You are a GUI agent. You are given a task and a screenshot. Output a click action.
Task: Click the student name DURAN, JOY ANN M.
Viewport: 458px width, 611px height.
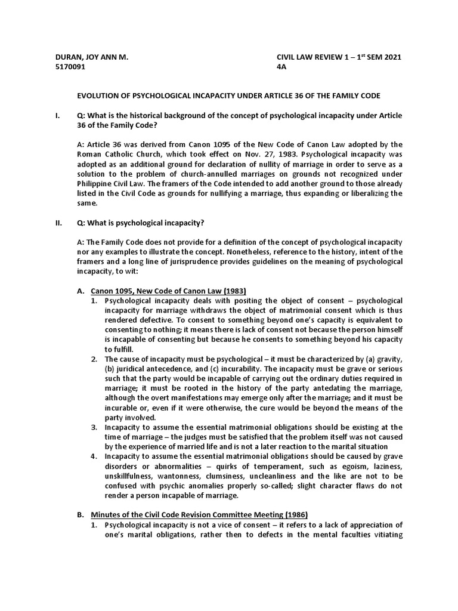pyautogui.click(x=91, y=57)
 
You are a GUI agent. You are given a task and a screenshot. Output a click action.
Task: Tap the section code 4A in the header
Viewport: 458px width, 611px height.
pyautogui.click(x=281, y=67)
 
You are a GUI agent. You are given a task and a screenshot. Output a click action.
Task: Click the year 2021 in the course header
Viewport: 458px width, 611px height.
pyautogui.click(x=391, y=57)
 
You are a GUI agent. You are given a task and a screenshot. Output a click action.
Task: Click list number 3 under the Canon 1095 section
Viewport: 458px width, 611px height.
pyautogui.click(x=94, y=427)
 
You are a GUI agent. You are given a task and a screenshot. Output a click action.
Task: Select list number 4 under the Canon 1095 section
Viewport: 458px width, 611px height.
pyautogui.click(x=94, y=456)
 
